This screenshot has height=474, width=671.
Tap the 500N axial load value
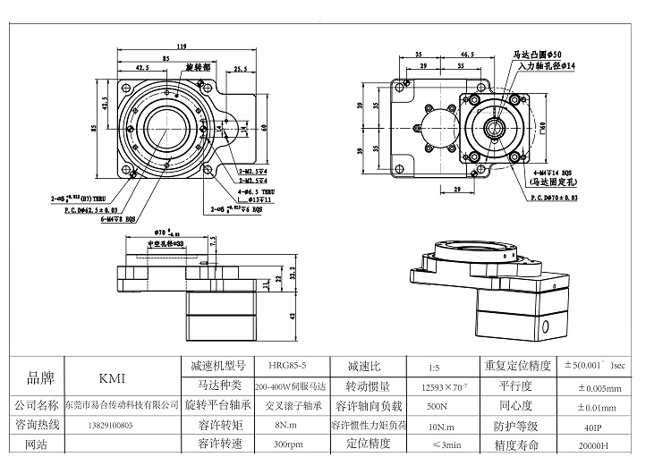pyautogui.click(x=435, y=406)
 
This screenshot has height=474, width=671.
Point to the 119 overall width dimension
pyautogui.click(x=181, y=46)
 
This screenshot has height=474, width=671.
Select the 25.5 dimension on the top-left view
pyautogui.click(x=240, y=68)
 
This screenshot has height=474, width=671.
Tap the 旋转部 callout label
pyautogui.click(x=197, y=67)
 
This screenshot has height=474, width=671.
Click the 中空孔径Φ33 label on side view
pyautogui.click(x=165, y=243)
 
